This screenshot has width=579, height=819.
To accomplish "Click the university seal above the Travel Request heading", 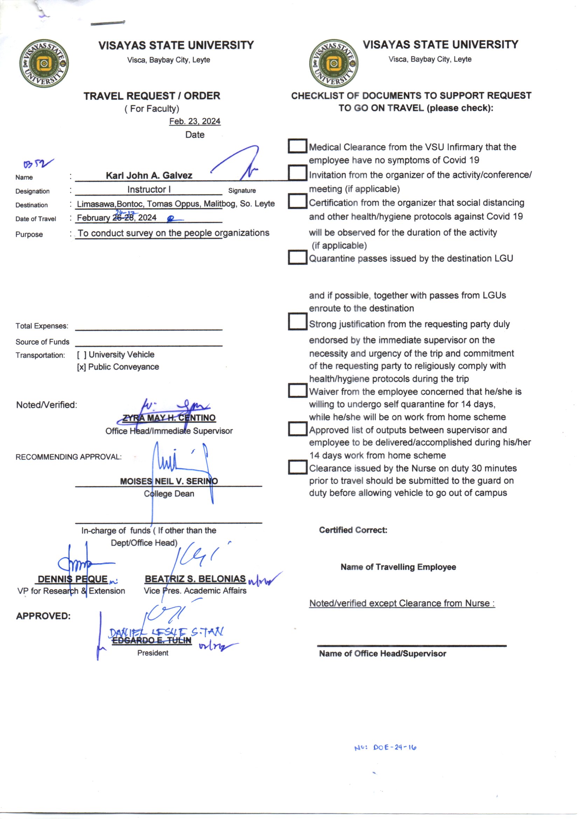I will [44, 63].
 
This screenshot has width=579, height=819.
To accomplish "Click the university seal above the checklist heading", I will [334, 63].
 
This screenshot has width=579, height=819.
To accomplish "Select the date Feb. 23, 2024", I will [195, 121].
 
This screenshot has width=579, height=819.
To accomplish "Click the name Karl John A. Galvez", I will [149, 175].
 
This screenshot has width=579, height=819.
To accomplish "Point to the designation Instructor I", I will [149, 190].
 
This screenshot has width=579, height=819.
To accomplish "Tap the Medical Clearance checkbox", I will [297, 146].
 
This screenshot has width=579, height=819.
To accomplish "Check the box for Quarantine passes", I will [297, 257].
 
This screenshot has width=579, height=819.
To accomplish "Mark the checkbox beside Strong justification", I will [297, 321].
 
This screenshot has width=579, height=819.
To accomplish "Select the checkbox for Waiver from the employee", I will [297, 390].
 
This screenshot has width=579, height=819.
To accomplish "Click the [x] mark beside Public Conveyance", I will [81, 367].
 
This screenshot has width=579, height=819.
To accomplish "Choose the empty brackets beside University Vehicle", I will [82, 355].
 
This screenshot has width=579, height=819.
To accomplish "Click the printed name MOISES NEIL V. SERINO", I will [169, 481].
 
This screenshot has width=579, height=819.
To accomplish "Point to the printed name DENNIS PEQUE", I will [73, 579].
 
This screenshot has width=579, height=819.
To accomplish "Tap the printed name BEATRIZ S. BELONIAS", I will [195, 579].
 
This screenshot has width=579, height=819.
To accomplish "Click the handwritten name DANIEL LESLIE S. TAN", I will [166, 632].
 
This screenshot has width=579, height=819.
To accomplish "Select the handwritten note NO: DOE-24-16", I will [385, 748].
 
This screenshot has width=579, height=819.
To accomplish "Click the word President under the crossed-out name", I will [153, 653].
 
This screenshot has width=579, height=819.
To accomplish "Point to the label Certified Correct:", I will [353, 530].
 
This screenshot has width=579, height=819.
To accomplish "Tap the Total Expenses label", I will [42, 326].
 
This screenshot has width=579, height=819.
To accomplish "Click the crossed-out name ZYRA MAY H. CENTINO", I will [169, 418].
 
